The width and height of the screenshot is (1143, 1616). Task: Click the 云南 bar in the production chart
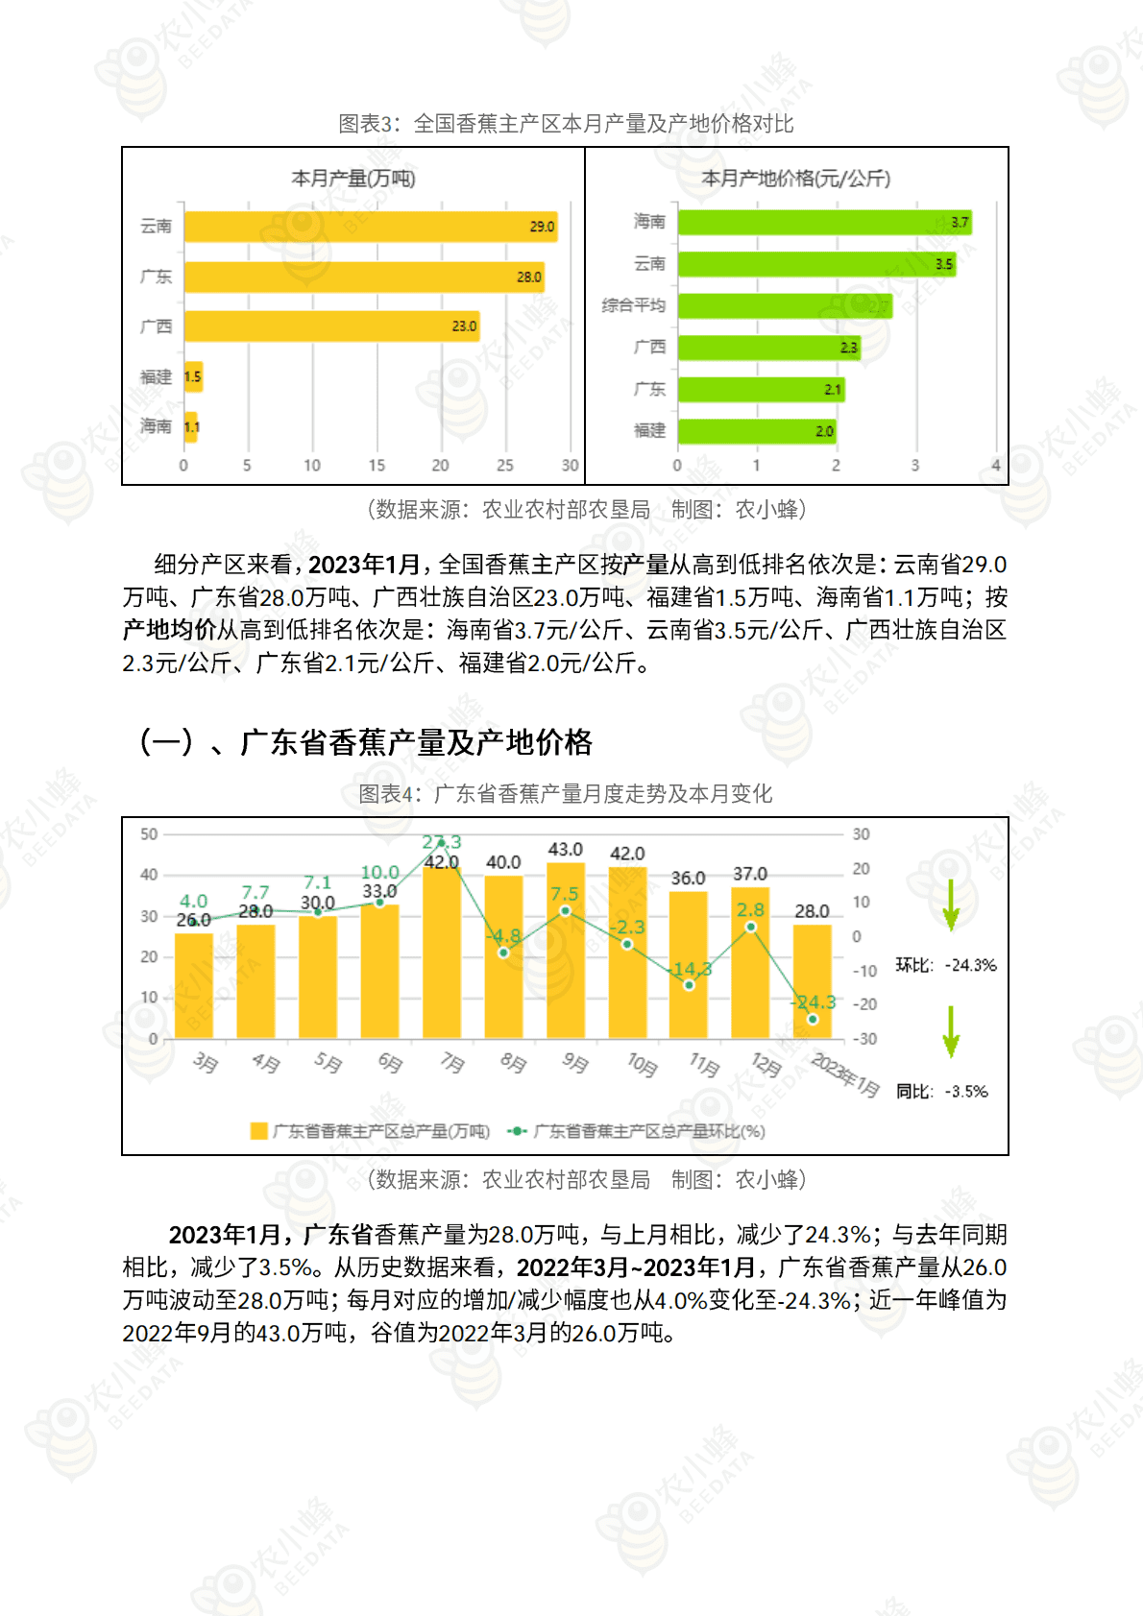370,227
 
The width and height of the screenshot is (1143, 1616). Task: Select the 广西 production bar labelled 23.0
331,326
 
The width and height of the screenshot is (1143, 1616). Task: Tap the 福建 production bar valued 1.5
193,376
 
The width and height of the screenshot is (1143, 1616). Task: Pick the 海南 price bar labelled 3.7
824,222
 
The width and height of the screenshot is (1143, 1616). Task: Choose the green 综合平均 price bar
785,306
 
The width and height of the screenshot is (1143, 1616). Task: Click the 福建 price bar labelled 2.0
757,431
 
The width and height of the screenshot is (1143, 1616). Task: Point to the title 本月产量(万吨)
353,179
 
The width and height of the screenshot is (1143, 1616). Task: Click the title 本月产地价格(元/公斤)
796,179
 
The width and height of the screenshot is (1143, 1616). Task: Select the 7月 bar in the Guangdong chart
442,951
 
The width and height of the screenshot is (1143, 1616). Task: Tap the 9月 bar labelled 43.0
566,951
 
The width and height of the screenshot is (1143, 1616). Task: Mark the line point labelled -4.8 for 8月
503,953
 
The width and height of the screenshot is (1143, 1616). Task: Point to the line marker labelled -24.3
813,1019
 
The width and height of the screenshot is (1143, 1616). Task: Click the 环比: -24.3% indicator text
946,965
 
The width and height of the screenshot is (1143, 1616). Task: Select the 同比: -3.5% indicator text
942,1092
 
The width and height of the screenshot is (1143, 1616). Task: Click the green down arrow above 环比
951,904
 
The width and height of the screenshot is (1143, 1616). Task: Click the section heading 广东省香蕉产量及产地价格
416,742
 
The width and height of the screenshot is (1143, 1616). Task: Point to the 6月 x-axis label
389,1062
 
